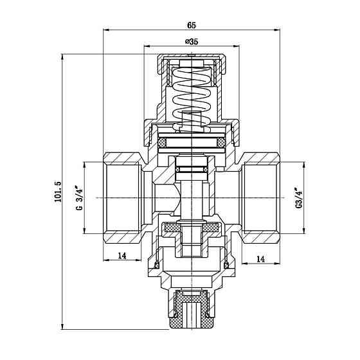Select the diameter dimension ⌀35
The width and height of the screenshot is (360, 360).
pyautogui.click(x=191, y=41)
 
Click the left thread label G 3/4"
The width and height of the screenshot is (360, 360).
pyautogui.click(x=80, y=197)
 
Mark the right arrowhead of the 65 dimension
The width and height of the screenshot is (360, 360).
pyautogui.click(x=277, y=30)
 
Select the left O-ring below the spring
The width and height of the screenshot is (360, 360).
pyautogui.click(x=163, y=141)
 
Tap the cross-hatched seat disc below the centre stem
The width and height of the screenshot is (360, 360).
pyautogui.click(x=191, y=228)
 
